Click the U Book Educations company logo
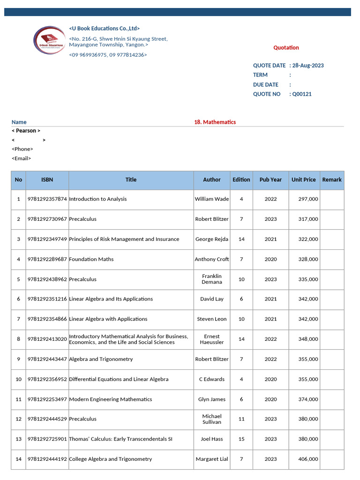[50, 40]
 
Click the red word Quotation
[286, 47]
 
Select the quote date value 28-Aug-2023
[308, 66]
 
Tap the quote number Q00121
[302, 94]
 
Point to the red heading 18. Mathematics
[215, 122]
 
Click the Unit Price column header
[303, 180]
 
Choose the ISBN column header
[47, 180]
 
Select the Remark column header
[332, 180]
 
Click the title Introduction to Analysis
[98, 199]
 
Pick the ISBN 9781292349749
[47, 239]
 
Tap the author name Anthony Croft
[212, 259]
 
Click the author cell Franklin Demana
[212, 279]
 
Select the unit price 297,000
[308, 199]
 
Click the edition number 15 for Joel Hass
[241, 439]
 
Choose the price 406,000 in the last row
[308, 459]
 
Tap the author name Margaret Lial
[212, 459]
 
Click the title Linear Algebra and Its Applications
[111, 299]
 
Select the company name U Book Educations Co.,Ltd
[105, 29]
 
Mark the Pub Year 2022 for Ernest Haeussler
[270, 339]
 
